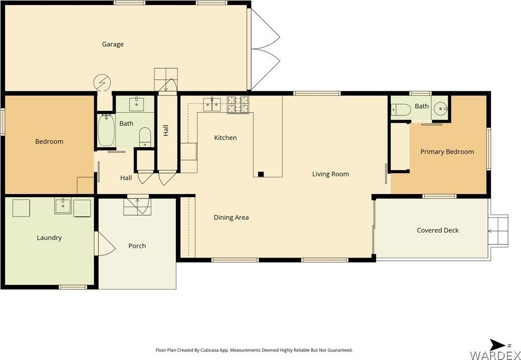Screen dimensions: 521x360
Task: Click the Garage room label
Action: [x=112, y=44]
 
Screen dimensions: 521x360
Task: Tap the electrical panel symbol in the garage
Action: [x=102, y=82]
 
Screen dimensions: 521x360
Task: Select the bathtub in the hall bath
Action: [x=106, y=130]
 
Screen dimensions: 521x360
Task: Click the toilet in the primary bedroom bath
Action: [x=401, y=109]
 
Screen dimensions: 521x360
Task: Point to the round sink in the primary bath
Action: [x=441, y=108]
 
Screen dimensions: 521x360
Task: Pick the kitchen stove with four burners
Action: [x=238, y=104]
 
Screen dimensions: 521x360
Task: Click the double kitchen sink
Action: [x=212, y=104]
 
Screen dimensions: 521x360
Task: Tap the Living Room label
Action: [x=330, y=174]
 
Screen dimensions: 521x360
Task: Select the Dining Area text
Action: [x=231, y=218]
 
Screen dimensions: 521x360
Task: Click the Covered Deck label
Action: [x=437, y=230]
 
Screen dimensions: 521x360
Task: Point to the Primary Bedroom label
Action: [x=447, y=152]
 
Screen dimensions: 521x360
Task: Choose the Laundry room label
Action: [x=49, y=238]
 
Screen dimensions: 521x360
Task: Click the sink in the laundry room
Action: [x=63, y=206]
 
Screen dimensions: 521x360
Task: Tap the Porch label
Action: [x=137, y=246]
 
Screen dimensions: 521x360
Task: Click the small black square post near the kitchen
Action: [x=261, y=174]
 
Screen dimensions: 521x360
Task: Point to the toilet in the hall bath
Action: [x=145, y=137]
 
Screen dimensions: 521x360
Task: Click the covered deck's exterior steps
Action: [x=498, y=231]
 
